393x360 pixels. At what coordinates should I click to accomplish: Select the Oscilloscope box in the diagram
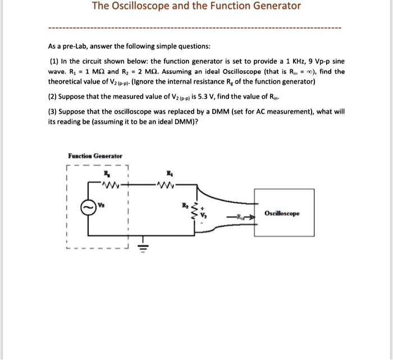click(x=282, y=213)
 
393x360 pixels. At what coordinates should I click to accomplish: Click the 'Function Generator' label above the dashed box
click(x=95, y=156)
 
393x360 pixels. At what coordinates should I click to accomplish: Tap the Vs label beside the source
click(x=102, y=204)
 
